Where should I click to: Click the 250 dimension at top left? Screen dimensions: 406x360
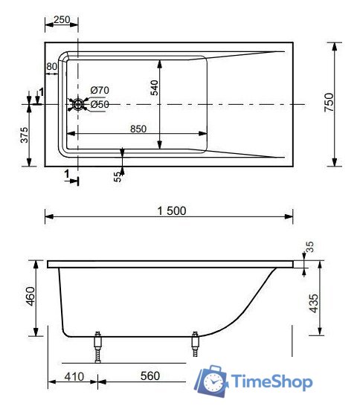pos(62,20)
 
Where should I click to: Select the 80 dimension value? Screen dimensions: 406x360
pos(51,67)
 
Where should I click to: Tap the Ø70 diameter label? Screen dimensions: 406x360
pos(100,91)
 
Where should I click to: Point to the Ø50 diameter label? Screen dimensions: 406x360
pos(100,105)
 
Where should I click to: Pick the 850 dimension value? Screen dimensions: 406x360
pos(138,129)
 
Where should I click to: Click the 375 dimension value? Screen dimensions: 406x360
pos(24,136)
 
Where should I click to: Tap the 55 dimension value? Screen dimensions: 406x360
pos(117,175)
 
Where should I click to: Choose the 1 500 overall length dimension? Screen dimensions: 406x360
pos(171,210)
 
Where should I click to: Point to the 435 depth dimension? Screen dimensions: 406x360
pos(313,303)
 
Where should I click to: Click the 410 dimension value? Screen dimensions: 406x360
pos(72,376)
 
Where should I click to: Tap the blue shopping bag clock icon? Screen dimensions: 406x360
pos(211,381)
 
